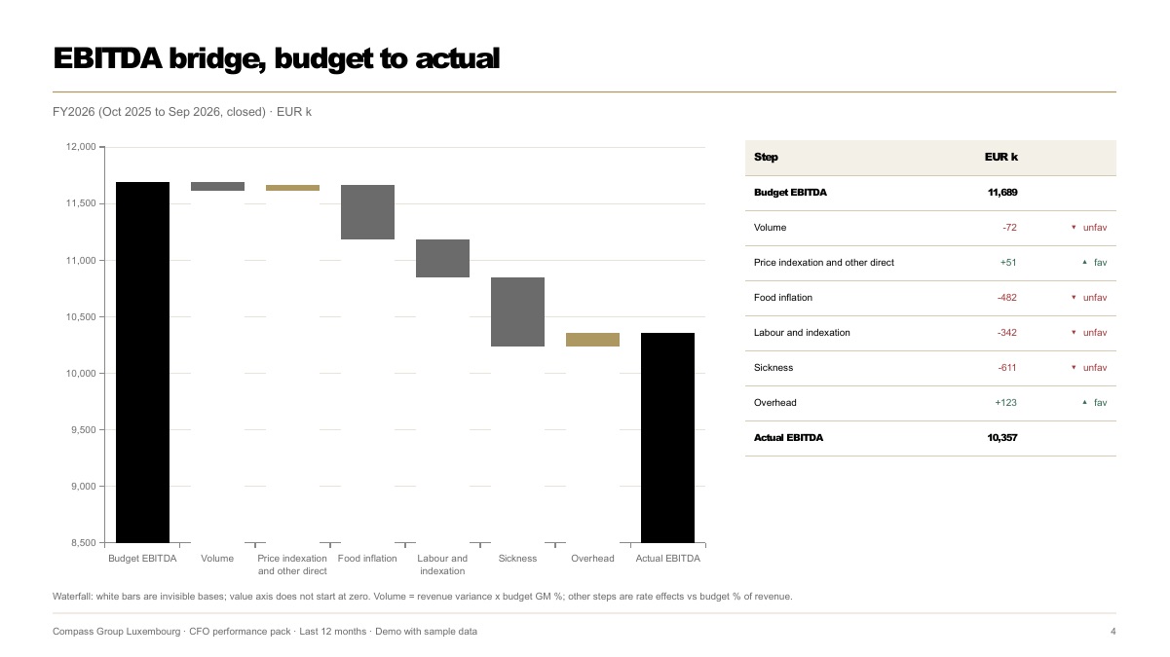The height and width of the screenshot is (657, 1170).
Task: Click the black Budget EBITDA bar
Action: [x=142, y=362]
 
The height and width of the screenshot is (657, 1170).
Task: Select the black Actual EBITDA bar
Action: [x=667, y=438]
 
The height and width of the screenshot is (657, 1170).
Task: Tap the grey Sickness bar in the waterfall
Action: [x=517, y=311]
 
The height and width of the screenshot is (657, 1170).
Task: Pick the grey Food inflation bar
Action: [x=367, y=212]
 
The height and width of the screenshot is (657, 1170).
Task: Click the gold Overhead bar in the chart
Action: [x=593, y=340]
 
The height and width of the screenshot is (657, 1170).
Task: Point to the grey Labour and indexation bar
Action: [x=442, y=258]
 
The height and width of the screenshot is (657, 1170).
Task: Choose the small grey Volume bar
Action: [x=218, y=186]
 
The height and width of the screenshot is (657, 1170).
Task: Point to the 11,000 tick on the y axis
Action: [x=102, y=261]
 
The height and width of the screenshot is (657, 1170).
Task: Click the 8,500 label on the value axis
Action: [x=84, y=543]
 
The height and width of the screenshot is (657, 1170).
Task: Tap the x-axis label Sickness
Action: [x=517, y=559]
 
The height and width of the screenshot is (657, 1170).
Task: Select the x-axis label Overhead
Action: [x=592, y=559]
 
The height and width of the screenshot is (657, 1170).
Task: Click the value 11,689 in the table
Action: [x=1002, y=193]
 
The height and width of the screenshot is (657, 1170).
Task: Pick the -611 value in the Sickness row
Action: [x=1007, y=367]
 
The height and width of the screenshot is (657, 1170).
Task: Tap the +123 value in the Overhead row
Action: [x=1005, y=402]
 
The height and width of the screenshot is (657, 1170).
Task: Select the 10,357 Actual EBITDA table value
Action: [x=1001, y=438]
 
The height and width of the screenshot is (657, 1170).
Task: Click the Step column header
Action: [x=766, y=157]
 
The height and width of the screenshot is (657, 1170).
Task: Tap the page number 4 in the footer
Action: [x=1113, y=632]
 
